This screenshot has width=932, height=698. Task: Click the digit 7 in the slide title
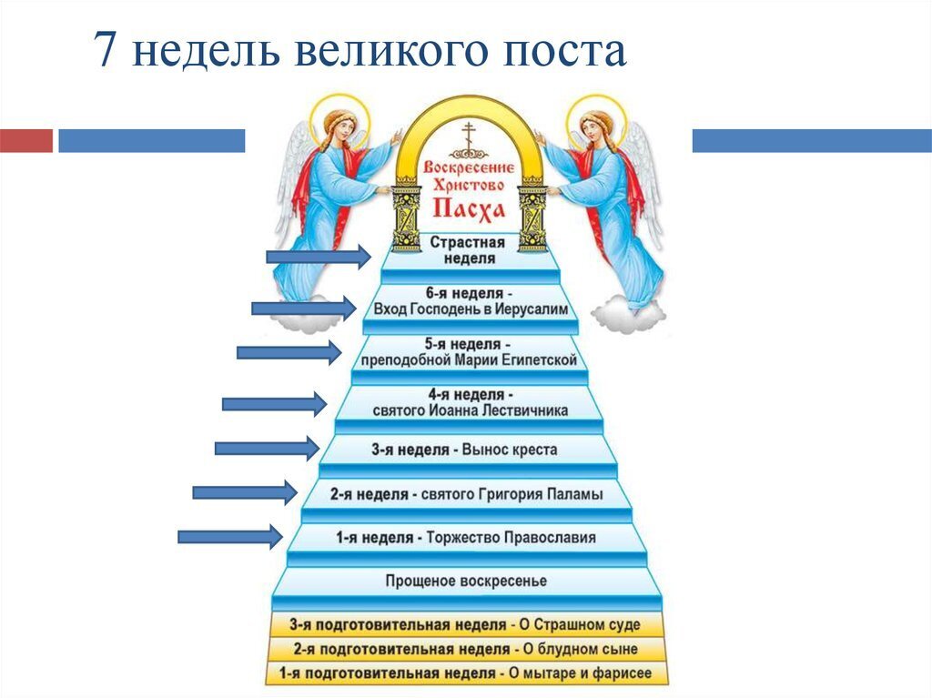coord(105,49)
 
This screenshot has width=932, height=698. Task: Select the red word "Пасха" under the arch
coord(469,209)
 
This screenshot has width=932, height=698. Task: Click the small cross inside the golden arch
coord(470,137)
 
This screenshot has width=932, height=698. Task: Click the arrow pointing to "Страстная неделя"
coord(319,257)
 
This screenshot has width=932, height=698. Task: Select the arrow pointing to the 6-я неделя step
coord(304,308)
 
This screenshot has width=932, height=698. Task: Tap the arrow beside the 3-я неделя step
coord(268,449)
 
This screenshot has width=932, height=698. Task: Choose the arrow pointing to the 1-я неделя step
coord(230,537)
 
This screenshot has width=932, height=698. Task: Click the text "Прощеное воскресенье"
coord(467,581)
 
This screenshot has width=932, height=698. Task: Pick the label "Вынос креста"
coord(510,450)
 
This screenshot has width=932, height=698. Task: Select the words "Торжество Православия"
coord(512,538)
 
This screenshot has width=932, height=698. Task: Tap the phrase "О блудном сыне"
coord(580,649)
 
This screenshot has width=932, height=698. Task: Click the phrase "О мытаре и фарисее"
coord(580,673)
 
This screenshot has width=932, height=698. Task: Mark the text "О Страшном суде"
coord(580,625)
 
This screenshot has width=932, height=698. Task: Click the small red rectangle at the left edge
coord(26,141)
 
